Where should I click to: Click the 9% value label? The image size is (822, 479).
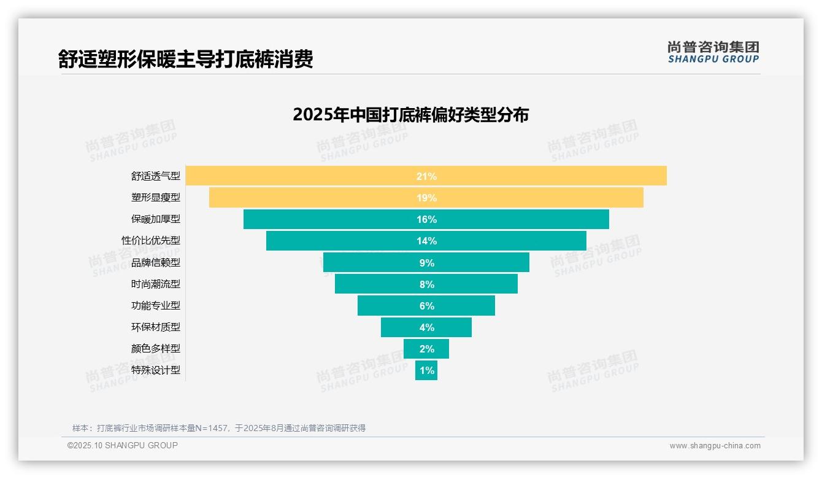426,263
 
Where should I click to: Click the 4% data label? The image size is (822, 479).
426,327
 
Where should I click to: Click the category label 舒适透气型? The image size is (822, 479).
155,176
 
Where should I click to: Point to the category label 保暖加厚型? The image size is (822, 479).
155,219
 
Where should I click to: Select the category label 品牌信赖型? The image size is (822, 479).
155,263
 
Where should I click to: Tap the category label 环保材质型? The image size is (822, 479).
155,327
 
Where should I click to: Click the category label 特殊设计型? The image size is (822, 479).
155,370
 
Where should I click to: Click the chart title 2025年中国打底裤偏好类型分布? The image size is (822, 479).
410,115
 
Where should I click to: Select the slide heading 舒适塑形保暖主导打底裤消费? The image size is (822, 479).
185,59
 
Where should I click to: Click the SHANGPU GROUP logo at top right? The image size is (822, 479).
713,52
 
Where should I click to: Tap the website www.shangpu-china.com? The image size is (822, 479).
715,446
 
